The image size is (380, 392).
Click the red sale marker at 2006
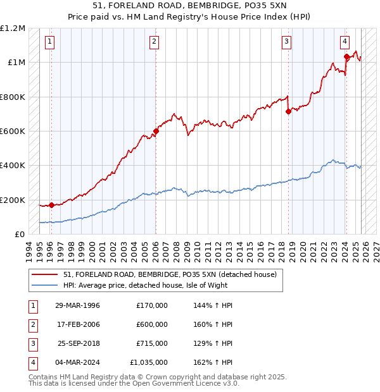pos(156,132)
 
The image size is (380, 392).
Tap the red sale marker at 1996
pos(51,205)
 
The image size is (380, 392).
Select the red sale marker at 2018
pos(288,112)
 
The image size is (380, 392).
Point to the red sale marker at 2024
pos(346,57)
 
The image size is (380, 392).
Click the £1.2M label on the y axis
pos(13,28)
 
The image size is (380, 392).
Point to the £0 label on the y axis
pos(19,234)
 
